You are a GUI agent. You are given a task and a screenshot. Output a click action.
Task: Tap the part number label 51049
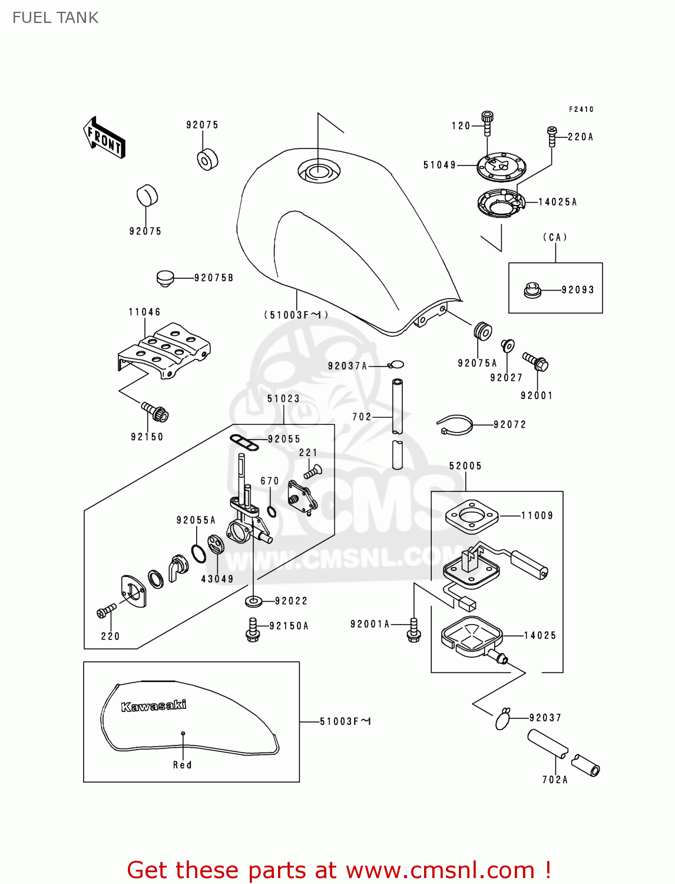[439, 165]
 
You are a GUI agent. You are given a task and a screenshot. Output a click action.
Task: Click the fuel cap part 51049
[501, 167]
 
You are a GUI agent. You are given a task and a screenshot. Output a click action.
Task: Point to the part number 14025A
[558, 202]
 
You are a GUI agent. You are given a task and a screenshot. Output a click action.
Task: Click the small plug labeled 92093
[532, 290]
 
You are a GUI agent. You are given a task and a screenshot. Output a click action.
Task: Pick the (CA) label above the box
[555, 238]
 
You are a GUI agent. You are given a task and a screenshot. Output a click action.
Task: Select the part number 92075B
[214, 278]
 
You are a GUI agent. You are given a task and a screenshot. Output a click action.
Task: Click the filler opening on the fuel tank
[318, 171]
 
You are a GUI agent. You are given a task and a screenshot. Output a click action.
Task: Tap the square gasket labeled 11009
[471, 516]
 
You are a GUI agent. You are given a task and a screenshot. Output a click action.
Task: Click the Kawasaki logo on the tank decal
[154, 705]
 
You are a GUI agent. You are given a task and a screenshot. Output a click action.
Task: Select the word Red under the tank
[182, 765]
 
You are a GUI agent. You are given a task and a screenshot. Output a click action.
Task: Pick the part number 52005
[465, 466]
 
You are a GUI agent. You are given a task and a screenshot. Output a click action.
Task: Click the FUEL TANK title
[55, 18]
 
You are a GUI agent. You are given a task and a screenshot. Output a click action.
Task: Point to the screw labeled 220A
[552, 136]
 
